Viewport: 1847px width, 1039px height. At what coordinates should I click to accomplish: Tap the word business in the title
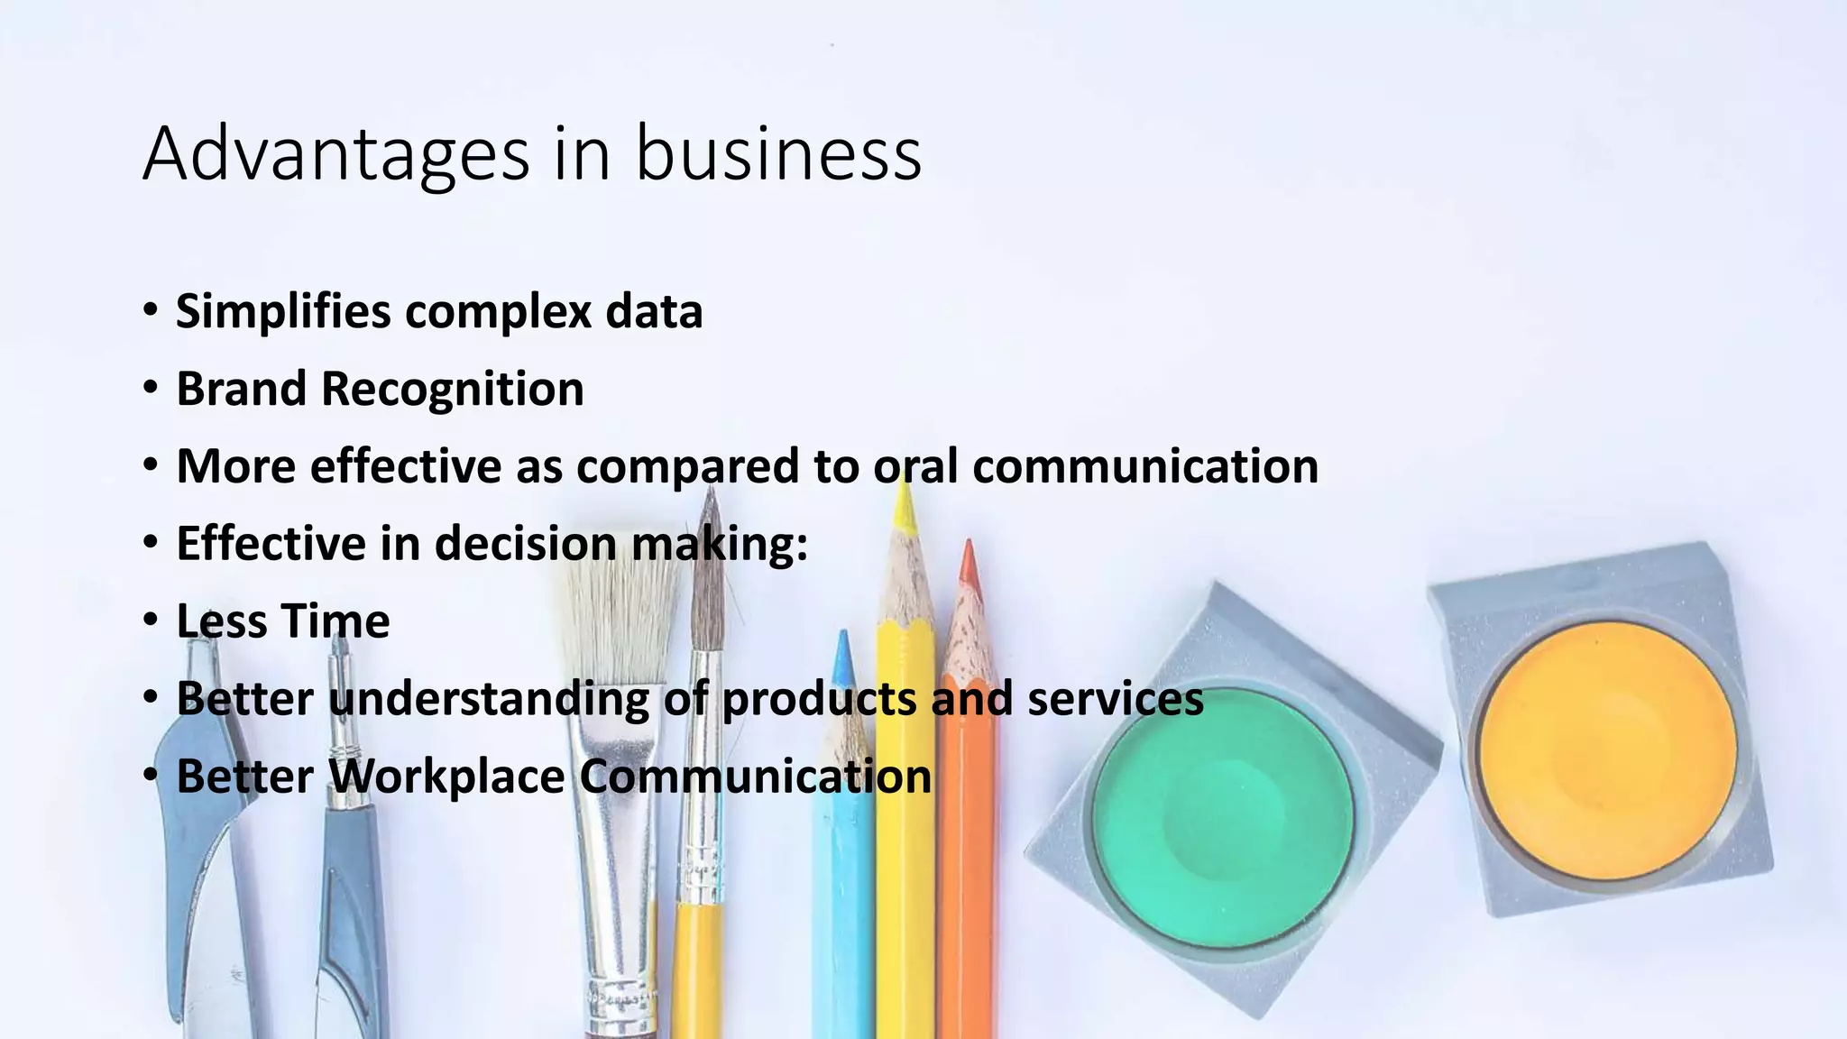coord(778,155)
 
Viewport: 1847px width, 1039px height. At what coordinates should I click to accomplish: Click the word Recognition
coord(452,391)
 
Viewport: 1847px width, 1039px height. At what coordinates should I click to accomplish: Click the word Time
coord(335,621)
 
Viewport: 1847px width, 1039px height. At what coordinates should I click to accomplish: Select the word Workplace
coord(446,777)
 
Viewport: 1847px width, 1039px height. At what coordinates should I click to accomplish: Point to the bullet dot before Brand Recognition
coord(151,388)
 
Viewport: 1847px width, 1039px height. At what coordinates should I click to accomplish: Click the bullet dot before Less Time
coord(151,620)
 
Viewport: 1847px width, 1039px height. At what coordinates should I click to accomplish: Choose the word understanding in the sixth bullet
coord(487,699)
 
